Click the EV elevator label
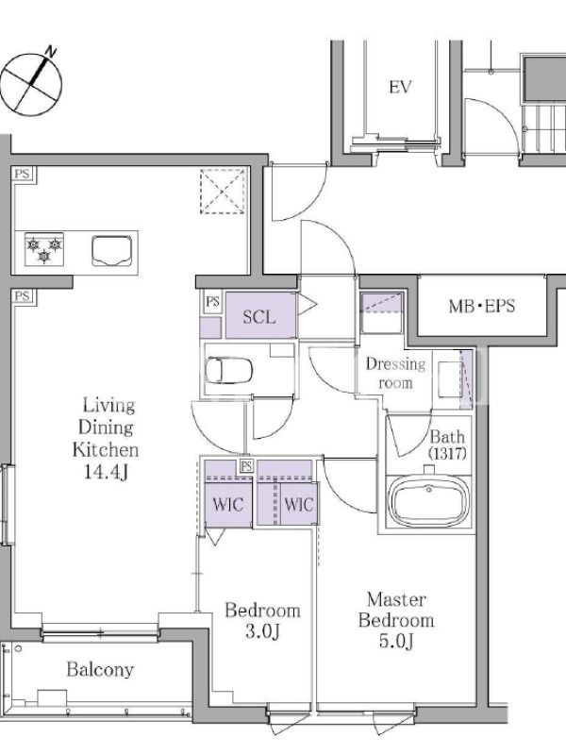pyautogui.click(x=400, y=87)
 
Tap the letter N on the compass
pyautogui.click(x=51, y=51)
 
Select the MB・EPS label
pyautogui.click(x=482, y=306)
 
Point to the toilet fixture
pyautogui.click(x=229, y=370)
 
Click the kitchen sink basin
pyautogui.click(x=111, y=250)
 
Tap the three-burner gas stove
pyautogui.click(x=44, y=249)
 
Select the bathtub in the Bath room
pyautogui.click(x=428, y=501)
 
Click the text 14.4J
pyautogui.click(x=106, y=473)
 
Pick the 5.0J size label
pyautogui.click(x=396, y=641)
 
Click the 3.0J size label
pyautogui.click(x=263, y=630)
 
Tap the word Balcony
pyautogui.click(x=100, y=670)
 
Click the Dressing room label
pyautogui.click(x=395, y=373)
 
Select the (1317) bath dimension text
pyautogui.click(x=447, y=454)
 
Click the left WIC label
pyautogui.click(x=228, y=505)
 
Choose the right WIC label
pyautogui.click(x=298, y=505)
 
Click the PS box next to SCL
pyautogui.click(x=212, y=302)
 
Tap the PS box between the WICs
pyautogui.click(x=246, y=465)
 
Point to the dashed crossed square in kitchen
pyautogui.click(x=222, y=192)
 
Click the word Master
pyautogui.click(x=396, y=600)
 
